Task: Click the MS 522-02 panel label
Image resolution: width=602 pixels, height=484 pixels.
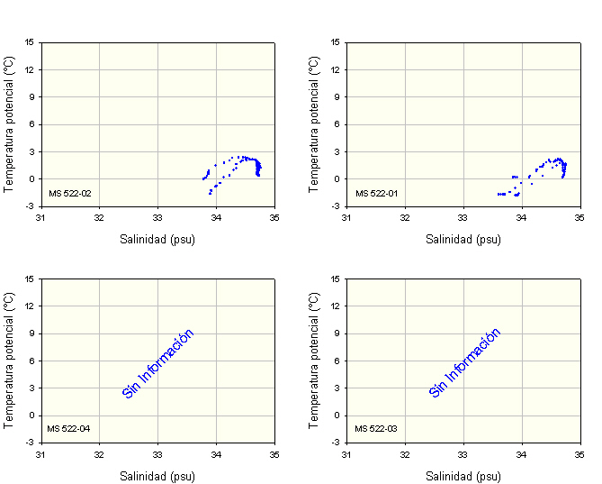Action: [69, 193]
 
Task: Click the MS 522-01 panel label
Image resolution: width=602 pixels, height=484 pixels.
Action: [375, 193]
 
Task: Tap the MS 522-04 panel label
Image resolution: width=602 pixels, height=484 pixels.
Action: [69, 428]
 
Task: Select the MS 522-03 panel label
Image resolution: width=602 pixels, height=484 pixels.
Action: [375, 428]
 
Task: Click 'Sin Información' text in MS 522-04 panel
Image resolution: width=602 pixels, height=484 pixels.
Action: [158, 363]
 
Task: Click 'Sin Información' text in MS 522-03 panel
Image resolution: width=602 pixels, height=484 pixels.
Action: [464, 363]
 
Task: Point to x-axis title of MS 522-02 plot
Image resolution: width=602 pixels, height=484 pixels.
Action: [157, 240]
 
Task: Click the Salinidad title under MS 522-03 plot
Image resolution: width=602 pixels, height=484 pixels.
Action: [463, 476]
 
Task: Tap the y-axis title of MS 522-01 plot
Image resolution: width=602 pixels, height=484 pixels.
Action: [315, 123]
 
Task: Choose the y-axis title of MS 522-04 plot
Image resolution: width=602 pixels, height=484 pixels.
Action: [9, 360]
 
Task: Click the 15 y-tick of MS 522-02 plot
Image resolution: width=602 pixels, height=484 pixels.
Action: [31, 42]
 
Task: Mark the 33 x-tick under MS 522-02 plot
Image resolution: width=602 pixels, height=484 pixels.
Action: [157, 217]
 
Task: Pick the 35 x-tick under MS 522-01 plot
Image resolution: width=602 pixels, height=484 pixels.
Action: [580, 217]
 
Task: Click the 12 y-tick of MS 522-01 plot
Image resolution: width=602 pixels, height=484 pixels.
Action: [336, 69]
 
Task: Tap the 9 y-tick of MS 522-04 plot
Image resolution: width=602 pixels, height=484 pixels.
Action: [32, 333]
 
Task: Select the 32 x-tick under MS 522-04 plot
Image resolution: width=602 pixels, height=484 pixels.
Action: [99, 453]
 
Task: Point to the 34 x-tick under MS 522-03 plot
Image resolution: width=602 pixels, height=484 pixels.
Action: [522, 453]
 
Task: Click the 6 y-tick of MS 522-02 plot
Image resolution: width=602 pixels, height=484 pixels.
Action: [32, 124]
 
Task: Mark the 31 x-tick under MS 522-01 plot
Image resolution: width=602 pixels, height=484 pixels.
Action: [346, 217]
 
